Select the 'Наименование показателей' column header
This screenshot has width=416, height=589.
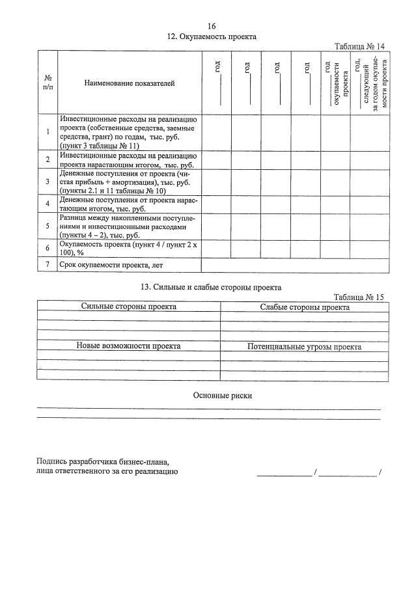(x=129, y=83)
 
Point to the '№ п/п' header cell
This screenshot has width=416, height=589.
(x=48, y=83)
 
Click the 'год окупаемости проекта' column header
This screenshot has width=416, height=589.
(x=336, y=83)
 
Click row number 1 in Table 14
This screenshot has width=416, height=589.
(x=48, y=132)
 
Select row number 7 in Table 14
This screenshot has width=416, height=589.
(x=48, y=265)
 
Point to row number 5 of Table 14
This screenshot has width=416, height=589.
(x=48, y=226)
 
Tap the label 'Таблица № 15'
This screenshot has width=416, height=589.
(x=359, y=297)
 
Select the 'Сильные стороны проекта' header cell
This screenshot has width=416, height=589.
(x=129, y=307)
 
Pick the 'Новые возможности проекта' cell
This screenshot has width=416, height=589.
(x=129, y=346)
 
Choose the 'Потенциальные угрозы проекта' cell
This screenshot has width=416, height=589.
(x=305, y=347)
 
